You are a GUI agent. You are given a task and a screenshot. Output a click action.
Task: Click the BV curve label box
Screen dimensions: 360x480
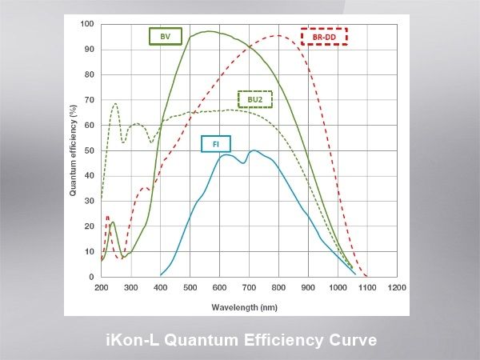tap(166, 35)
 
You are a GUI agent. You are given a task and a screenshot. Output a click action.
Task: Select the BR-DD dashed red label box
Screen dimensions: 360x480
tap(324, 37)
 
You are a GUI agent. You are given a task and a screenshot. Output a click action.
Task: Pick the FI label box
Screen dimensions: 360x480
tap(216, 144)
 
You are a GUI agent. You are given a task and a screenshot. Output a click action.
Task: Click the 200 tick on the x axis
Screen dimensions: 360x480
tap(102, 286)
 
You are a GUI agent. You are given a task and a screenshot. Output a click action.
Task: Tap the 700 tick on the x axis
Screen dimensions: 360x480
tap(248, 286)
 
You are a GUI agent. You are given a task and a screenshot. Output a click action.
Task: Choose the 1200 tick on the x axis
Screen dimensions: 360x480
tap(395, 286)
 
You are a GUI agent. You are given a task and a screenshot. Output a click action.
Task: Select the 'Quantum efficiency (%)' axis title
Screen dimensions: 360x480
tap(72, 150)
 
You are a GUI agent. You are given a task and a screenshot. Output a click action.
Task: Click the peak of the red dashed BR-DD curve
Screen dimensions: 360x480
tap(278, 35)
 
